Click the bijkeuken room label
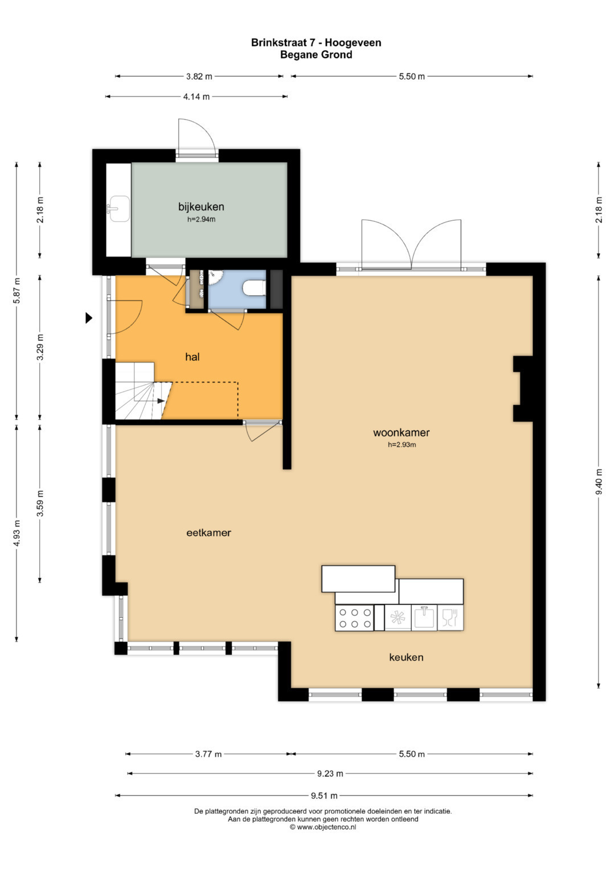(x=201, y=207)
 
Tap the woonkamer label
(x=401, y=433)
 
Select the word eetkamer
(x=209, y=533)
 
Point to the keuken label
(x=406, y=657)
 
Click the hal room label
(x=192, y=357)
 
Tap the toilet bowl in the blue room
(x=253, y=289)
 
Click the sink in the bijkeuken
(x=119, y=209)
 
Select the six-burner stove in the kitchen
(x=354, y=619)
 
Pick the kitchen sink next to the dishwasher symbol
(x=424, y=617)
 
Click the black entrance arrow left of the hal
(x=89, y=318)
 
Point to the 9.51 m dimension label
(x=324, y=796)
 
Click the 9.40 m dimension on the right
(x=599, y=481)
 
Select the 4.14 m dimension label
(x=196, y=97)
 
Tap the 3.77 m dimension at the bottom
(x=208, y=754)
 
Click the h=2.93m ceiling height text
(x=402, y=444)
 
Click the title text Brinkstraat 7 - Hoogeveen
(x=316, y=43)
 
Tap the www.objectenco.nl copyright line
(x=323, y=827)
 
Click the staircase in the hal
(x=143, y=391)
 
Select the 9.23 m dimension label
(x=330, y=773)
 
